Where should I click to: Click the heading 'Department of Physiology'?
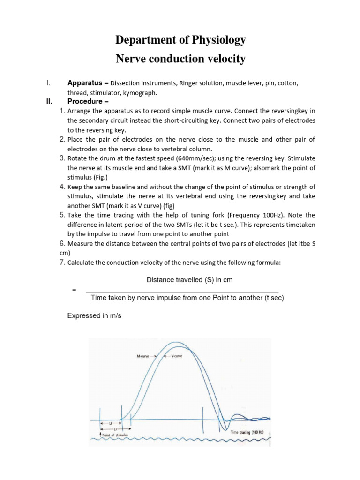pos(180,40)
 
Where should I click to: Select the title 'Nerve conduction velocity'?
pos(180,59)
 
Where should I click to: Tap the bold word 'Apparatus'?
pos(85,83)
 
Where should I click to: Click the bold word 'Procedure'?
pos(85,101)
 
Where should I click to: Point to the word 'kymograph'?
pos(140,93)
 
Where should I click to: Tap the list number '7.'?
pos(62,262)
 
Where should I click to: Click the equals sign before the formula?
pos(74,290)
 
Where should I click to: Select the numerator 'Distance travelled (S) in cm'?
pos(190,280)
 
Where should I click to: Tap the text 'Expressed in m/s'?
pos(94,316)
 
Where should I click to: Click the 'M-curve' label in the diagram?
pos(143,356)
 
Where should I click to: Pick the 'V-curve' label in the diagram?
pos(177,356)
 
